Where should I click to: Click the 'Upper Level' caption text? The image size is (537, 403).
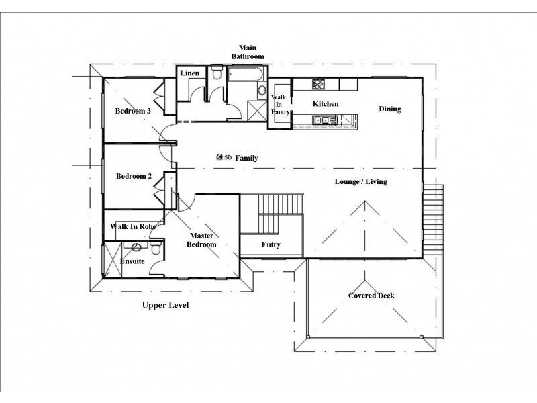(165, 305)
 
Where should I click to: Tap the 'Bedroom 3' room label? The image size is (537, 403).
(132, 111)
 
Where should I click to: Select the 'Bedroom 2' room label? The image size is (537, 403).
(134, 177)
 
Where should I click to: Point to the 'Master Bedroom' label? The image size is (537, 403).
(202, 240)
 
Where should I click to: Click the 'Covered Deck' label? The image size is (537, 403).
(371, 296)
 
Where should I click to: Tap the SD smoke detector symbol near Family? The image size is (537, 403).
(224, 158)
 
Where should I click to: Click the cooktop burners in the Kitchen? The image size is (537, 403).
(319, 85)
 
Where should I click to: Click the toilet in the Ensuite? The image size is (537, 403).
(154, 249)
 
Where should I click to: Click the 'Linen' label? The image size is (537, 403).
(189, 73)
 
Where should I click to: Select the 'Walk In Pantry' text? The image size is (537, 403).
(279, 105)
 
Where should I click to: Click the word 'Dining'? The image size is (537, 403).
(390, 109)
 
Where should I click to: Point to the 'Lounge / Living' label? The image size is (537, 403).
(361, 182)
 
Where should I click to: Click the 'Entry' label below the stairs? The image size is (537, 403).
(271, 245)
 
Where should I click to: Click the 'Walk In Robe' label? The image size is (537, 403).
(134, 227)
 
